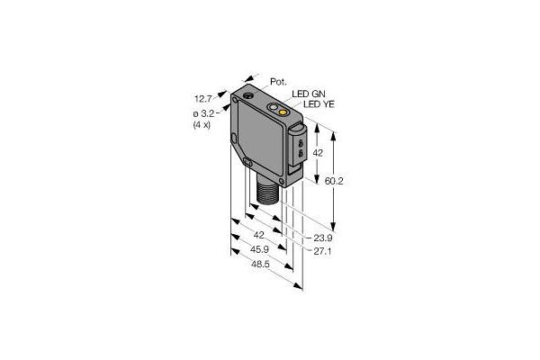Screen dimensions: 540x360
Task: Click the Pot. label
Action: click(x=278, y=82)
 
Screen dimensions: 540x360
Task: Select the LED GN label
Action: click(x=308, y=94)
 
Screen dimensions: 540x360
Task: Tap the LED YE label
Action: click(x=319, y=104)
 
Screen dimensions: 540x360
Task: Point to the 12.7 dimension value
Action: click(x=202, y=99)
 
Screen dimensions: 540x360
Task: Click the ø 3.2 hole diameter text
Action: click(x=204, y=114)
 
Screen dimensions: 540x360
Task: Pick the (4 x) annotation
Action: click(x=202, y=124)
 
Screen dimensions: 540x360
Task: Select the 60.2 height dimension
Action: click(x=334, y=181)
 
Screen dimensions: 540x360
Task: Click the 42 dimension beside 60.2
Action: click(x=318, y=153)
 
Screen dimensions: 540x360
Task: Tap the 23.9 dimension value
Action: click(x=323, y=238)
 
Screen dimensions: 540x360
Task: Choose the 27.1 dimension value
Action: click(x=322, y=252)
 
